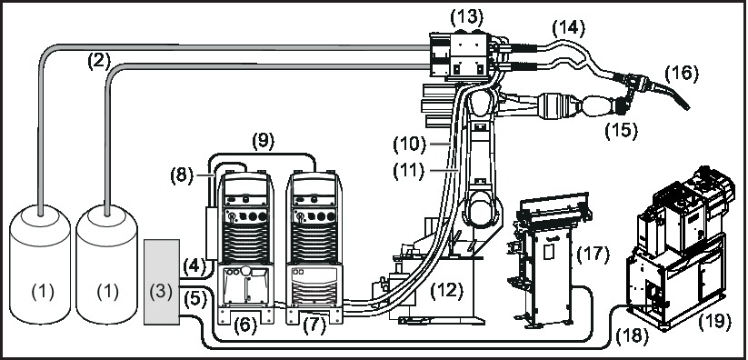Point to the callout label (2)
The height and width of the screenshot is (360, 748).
[x=98, y=62]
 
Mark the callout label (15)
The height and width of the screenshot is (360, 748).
[x=623, y=129]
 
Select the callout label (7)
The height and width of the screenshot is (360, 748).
[x=314, y=324]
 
